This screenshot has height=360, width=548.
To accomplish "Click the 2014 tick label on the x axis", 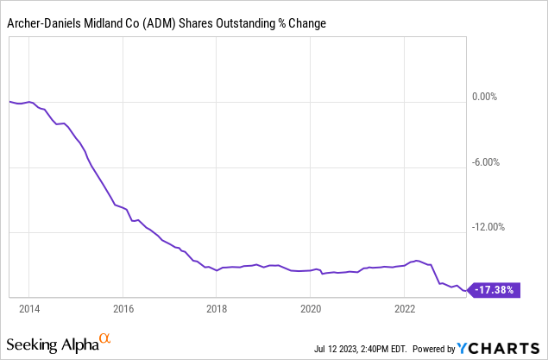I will (28, 307).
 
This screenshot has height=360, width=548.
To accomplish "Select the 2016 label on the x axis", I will (123, 307).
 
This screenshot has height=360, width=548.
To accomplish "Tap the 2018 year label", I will (217, 307).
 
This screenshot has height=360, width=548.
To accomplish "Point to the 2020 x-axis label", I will (311, 307).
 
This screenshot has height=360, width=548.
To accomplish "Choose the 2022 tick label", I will (405, 307).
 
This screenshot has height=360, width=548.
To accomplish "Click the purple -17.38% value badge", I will (495, 291).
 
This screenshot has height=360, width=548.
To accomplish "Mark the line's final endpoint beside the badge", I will (467, 291).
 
